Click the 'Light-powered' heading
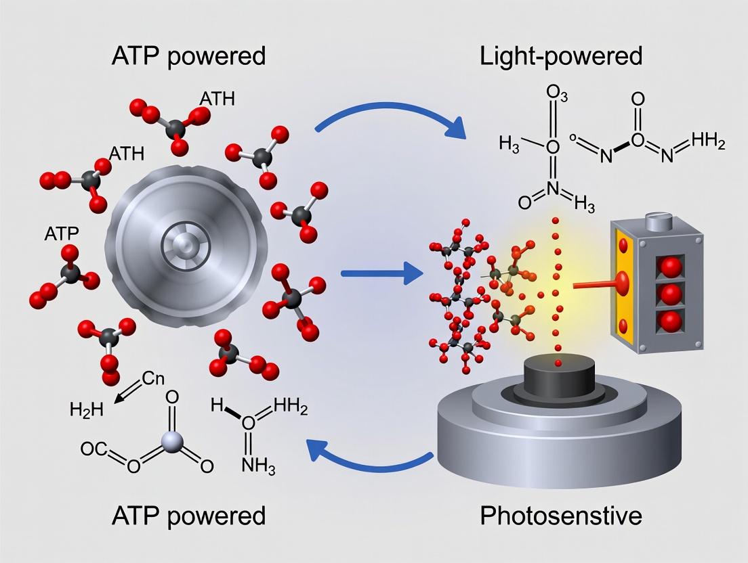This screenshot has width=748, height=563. (x=560, y=55)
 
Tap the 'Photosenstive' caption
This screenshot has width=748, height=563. (x=560, y=516)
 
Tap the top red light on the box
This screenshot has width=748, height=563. (x=670, y=267)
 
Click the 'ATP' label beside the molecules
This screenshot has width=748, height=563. (x=61, y=233)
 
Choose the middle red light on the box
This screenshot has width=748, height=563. (x=670, y=294)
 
